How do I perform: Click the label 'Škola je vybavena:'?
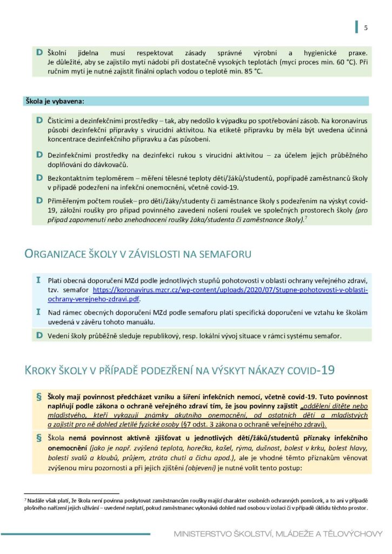pos(54,101)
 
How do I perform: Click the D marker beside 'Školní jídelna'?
pos(39,52)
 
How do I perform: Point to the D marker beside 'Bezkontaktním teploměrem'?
pos(39,177)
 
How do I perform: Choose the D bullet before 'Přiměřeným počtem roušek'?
pos(39,200)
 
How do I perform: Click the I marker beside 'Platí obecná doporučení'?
pos(38,280)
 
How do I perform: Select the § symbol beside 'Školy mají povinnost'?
pos(38,397)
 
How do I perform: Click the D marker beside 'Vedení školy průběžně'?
pos(39,335)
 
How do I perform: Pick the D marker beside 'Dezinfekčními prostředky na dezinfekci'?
pos(39,155)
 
